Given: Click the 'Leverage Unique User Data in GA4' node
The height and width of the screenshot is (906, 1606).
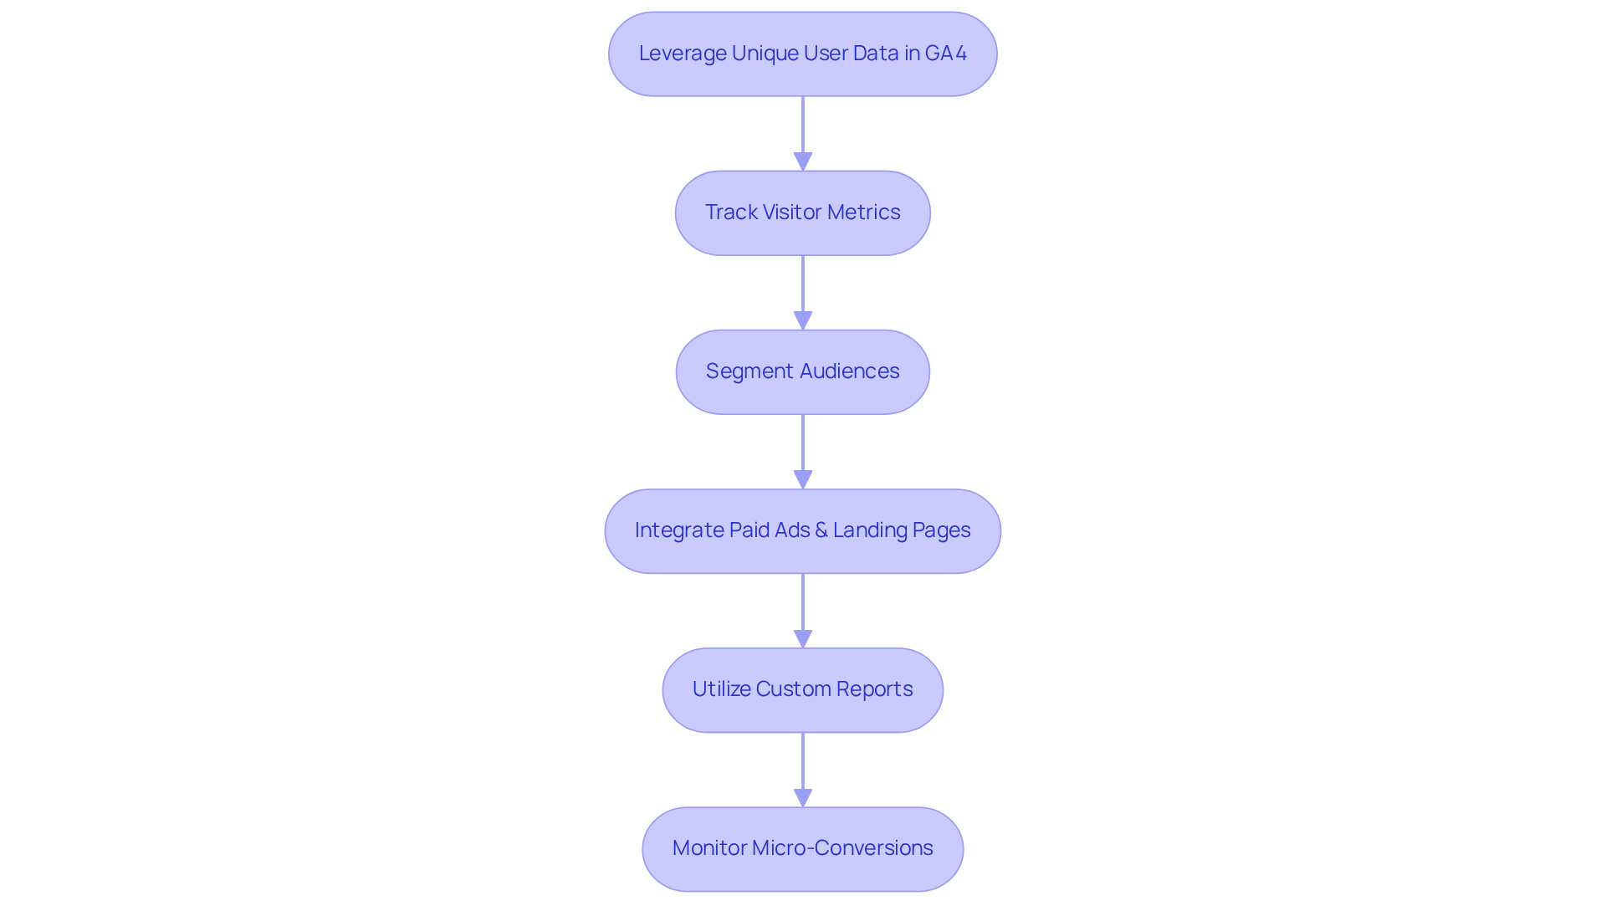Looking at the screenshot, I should point(802,54).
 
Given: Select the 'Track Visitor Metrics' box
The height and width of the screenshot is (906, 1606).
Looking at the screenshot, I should point(802,212).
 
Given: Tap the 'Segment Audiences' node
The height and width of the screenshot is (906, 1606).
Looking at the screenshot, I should point(802,371).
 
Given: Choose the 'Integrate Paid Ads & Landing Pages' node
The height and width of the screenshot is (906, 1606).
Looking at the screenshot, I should point(802,530).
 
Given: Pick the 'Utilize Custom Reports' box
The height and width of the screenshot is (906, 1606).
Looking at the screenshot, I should point(802,689).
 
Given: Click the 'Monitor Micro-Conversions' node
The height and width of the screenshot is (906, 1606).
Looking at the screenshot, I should point(802,848).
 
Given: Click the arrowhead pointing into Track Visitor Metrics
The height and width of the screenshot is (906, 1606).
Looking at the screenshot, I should point(802,161).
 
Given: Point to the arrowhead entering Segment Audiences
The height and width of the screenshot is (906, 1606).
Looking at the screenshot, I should point(802,320).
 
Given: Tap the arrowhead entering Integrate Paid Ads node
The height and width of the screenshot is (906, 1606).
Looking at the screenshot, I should point(802,479).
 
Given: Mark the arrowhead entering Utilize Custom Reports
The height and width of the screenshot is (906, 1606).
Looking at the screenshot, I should point(802,638).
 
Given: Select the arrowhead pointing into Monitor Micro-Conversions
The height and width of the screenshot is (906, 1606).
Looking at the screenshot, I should point(802,797).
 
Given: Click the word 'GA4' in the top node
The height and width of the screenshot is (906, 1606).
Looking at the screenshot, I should point(946,54).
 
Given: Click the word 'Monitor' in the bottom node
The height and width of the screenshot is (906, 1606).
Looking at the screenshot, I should point(709,848).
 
